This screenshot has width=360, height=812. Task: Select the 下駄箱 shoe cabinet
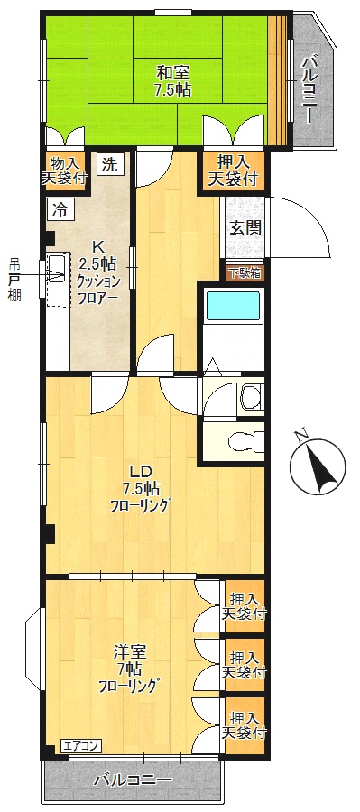click(x=245, y=272)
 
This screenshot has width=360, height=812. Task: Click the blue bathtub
click(x=234, y=306)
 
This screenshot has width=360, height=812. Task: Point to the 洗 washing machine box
click(x=109, y=165)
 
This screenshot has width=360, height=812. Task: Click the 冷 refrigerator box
click(x=60, y=210)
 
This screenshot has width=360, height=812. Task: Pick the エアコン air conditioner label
click(x=82, y=745)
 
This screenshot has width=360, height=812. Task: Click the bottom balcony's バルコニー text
click(x=133, y=779)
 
